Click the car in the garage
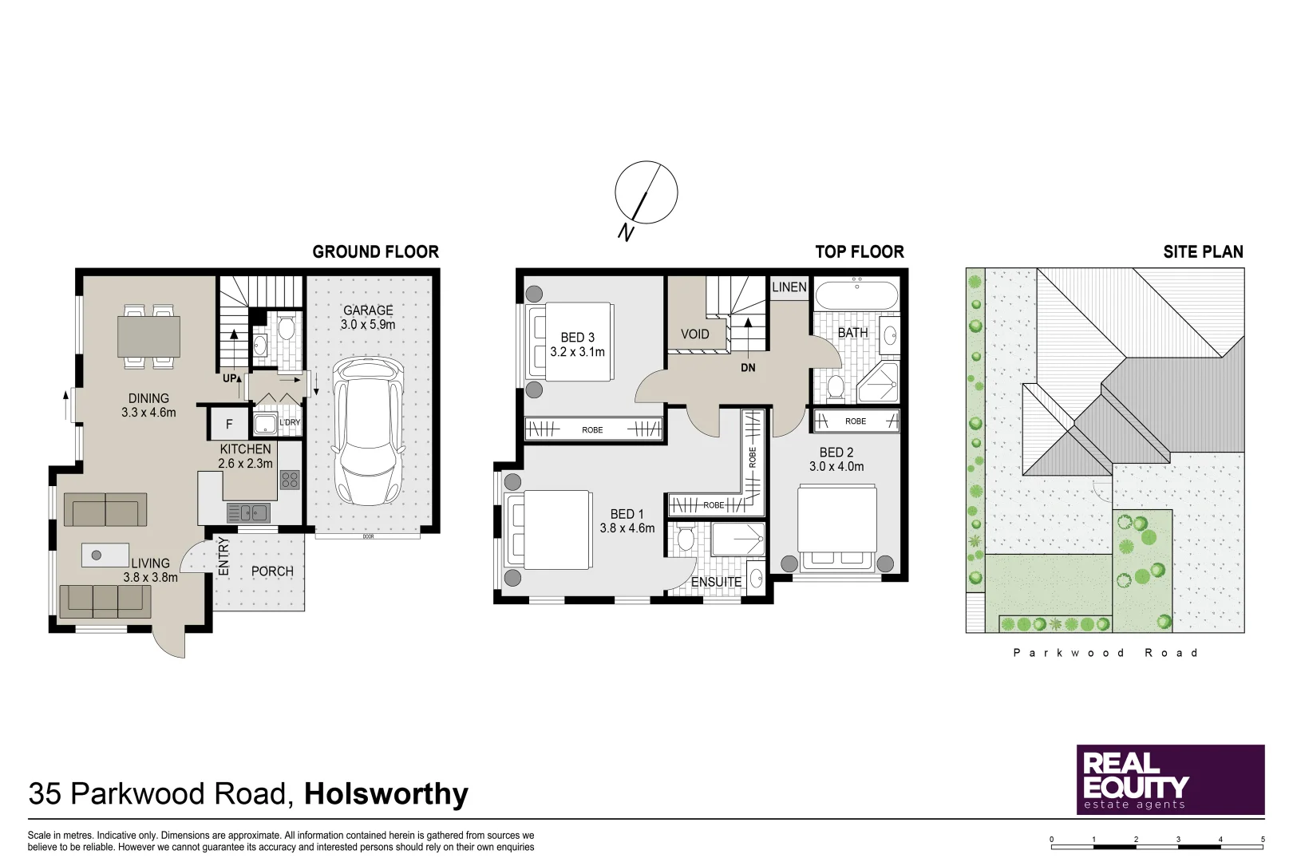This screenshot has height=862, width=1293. click(x=368, y=431)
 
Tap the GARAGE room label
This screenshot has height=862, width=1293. click(x=368, y=310)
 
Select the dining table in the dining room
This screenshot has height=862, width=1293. click(x=148, y=336)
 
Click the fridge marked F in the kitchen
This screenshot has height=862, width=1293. click(x=229, y=424)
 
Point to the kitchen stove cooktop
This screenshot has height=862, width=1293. click(x=290, y=480)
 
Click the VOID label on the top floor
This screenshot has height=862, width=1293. click(x=694, y=334)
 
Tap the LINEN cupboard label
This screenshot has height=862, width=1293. click(x=789, y=287)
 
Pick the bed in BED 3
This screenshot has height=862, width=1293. click(x=569, y=342)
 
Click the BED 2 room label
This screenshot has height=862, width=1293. click(x=836, y=453)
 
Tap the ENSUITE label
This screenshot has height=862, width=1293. click(x=716, y=582)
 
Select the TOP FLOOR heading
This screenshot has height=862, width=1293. click(x=859, y=252)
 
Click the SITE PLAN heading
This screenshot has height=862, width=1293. click(x=1202, y=252)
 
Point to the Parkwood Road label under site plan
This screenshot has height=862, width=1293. click(x=1105, y=653)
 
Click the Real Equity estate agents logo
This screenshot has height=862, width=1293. click(x=1169, y=780)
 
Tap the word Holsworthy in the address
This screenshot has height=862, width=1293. click(x=386, y=794)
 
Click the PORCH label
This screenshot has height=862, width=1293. click(x=272, y=571)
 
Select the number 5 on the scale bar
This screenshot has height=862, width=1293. click(x=1263, y=839)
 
